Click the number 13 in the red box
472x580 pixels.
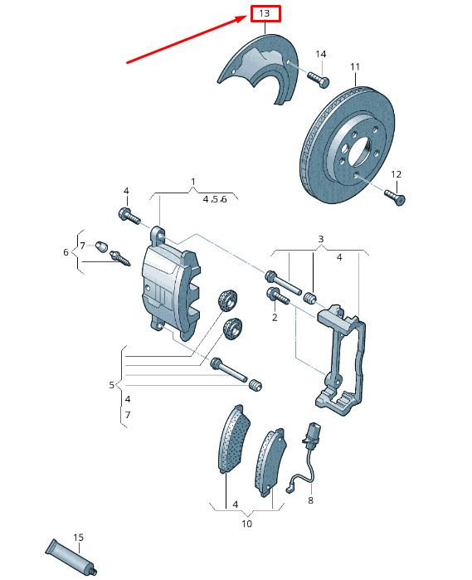(x=265, y=13)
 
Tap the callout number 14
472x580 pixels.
(x=321, y=54)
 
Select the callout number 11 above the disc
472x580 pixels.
(x=355, y=66)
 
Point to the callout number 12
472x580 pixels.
(x=396, y=174)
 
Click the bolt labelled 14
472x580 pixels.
(x=318, y=80)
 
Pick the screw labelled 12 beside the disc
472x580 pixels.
(x=395, y=197)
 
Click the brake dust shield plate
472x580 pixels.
(x=258, y=69)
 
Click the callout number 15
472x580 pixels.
(x=79, y=537)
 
